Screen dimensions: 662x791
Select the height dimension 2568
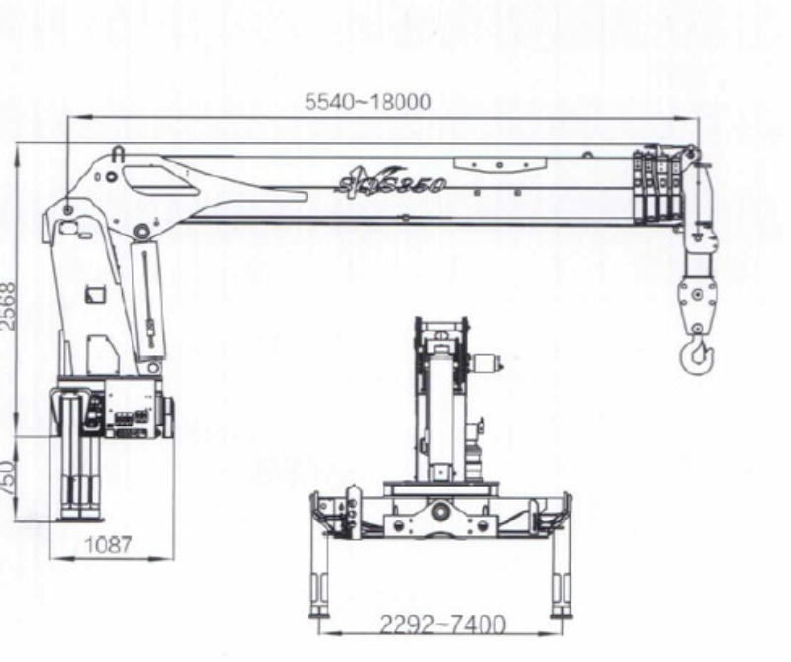coord(8,307)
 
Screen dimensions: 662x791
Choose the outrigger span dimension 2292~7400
coord(442,625)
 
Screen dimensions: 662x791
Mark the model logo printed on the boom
coord(391,181)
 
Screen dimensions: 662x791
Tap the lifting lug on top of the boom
coord(118,154)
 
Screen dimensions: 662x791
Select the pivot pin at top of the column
coord(67,210)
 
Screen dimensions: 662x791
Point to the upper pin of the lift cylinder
coord(142,233)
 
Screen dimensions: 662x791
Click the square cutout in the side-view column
coord(96,295)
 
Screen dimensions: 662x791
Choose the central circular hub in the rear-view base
coord(441,513)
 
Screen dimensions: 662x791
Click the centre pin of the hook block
coord(696,294)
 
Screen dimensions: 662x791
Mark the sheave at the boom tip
coord(689,155)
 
